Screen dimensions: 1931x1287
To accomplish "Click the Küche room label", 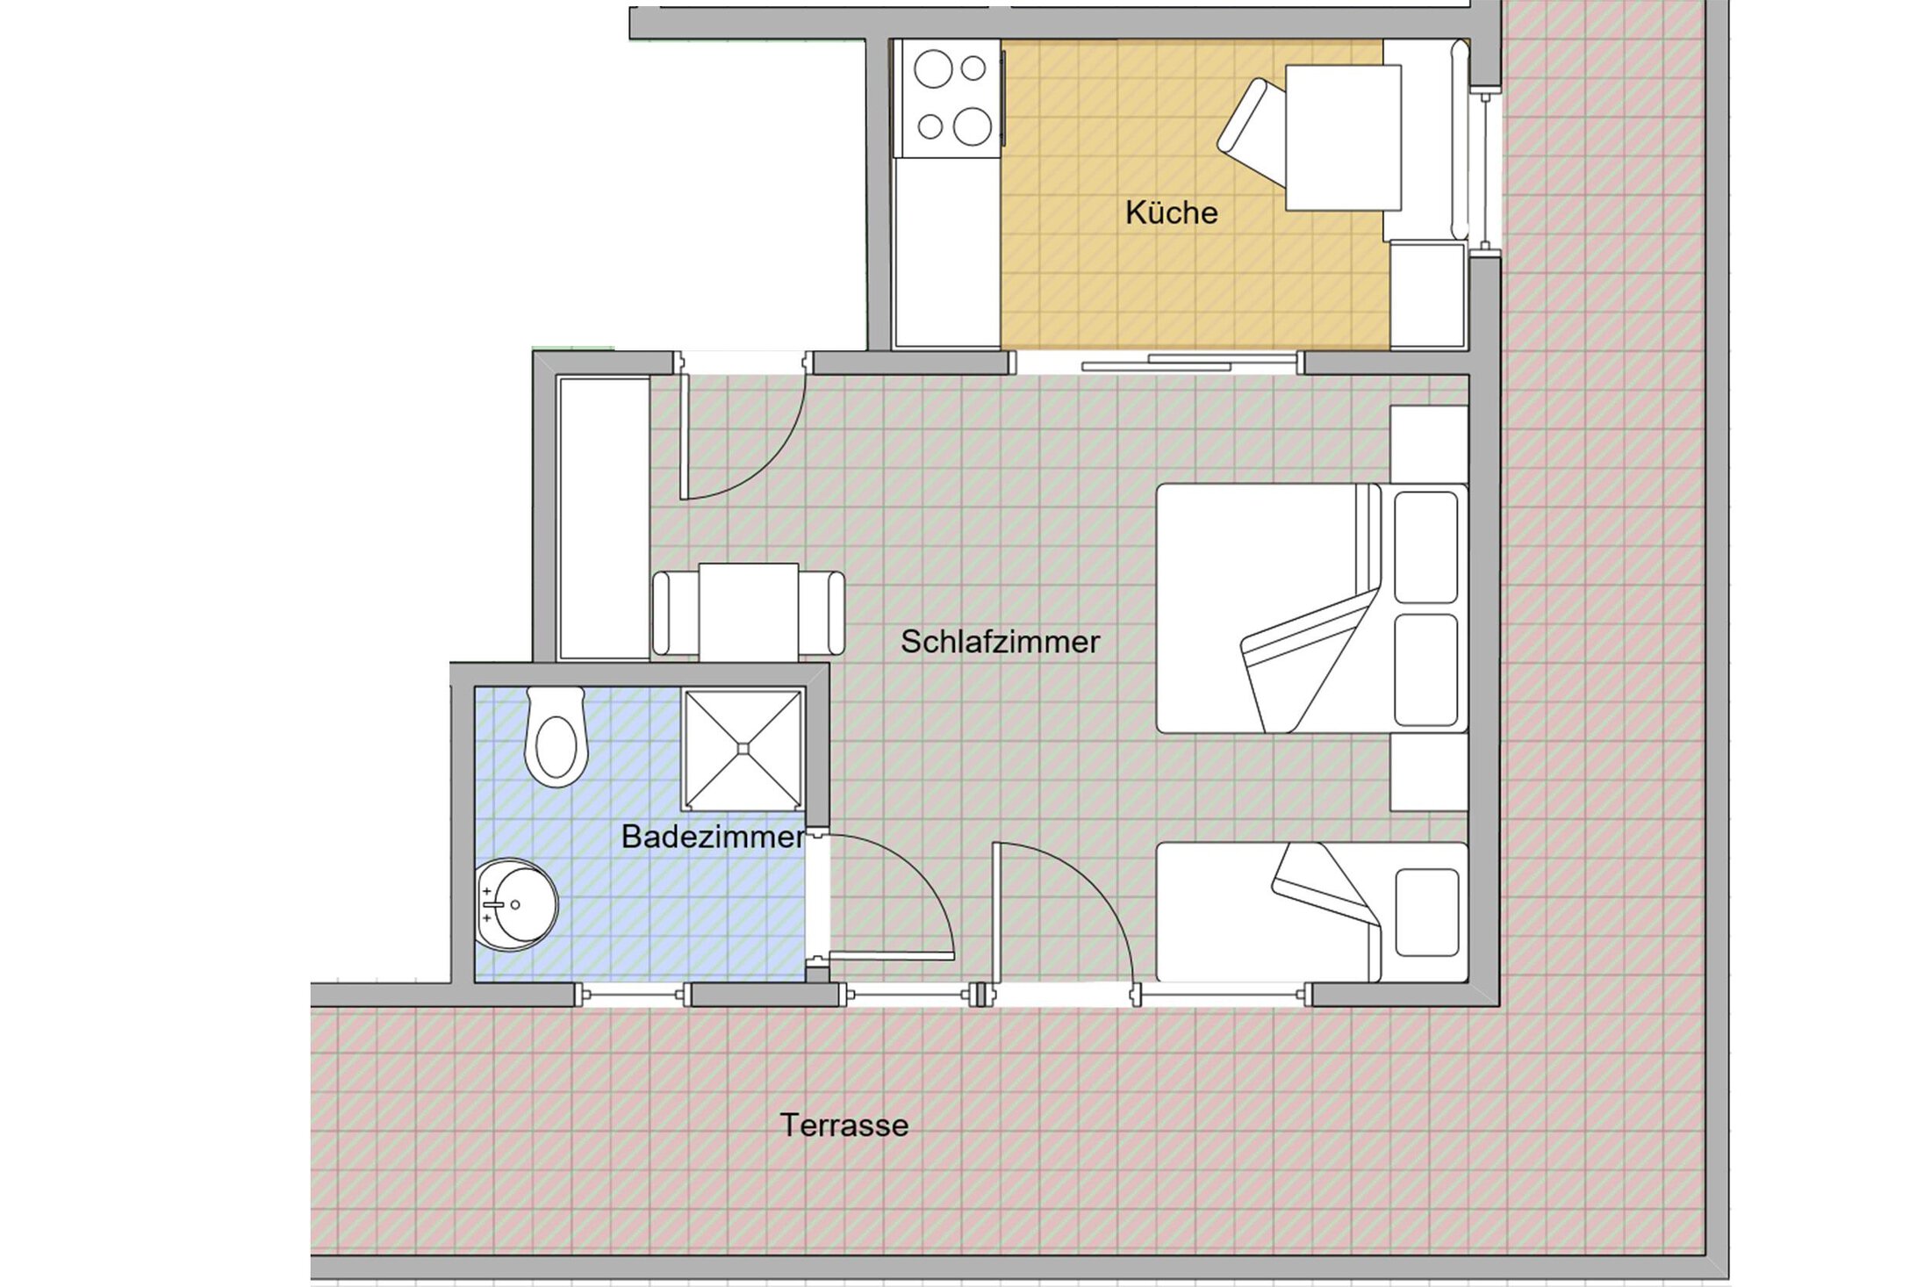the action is click(x=1171, y=212).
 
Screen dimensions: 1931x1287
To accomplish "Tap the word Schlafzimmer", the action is click(x=1000, y=642).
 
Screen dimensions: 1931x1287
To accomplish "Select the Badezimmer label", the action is click(x=712, y=837).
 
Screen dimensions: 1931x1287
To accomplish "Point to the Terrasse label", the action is click(x=844, y=1125).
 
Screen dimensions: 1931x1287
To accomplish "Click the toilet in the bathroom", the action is click(x=555, y=737).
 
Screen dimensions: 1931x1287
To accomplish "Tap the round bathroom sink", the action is click(x=516, y=905).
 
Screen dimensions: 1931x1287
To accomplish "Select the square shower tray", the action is click(x=743, y=749).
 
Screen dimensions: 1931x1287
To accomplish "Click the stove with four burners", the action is click(x=947, y=98).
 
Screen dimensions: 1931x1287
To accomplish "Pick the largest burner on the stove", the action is click(x=973, y=126).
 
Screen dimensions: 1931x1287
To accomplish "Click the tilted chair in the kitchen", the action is click(x=1252, y=132).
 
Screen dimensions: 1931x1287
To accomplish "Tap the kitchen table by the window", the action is click(x=1343, y=138).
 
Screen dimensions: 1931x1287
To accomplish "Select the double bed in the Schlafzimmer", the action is click(x=1312, y=608).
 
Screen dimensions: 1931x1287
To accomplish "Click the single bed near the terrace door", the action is click(x=1312, y=913).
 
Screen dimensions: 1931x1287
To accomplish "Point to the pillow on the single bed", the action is click(x=1426, y=913).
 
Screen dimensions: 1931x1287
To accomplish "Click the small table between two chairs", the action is click(x=749, y=612).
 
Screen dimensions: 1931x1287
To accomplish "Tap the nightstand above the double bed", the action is click(x=1429, y=443).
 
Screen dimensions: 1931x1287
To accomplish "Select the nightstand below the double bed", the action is click(x=1429, y=773).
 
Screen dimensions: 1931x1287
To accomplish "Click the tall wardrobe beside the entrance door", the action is click(x=603, y=518).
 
